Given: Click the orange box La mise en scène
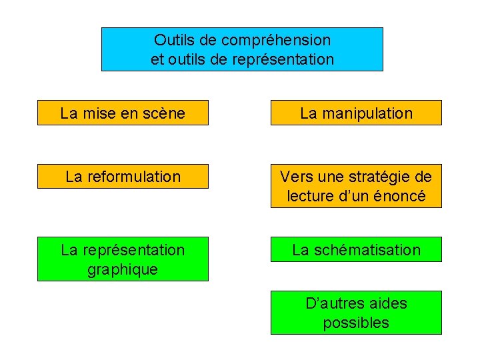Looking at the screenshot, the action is [123, 113].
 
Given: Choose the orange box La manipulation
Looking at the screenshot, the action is [356, 113].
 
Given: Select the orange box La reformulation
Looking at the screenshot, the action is [123, 177].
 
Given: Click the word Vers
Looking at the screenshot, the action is [294, 177].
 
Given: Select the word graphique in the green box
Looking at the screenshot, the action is [123, 269].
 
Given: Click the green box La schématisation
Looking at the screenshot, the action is [356, 250].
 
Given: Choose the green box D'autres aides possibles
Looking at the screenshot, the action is [356, 313].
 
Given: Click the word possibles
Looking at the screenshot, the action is [356, 323].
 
